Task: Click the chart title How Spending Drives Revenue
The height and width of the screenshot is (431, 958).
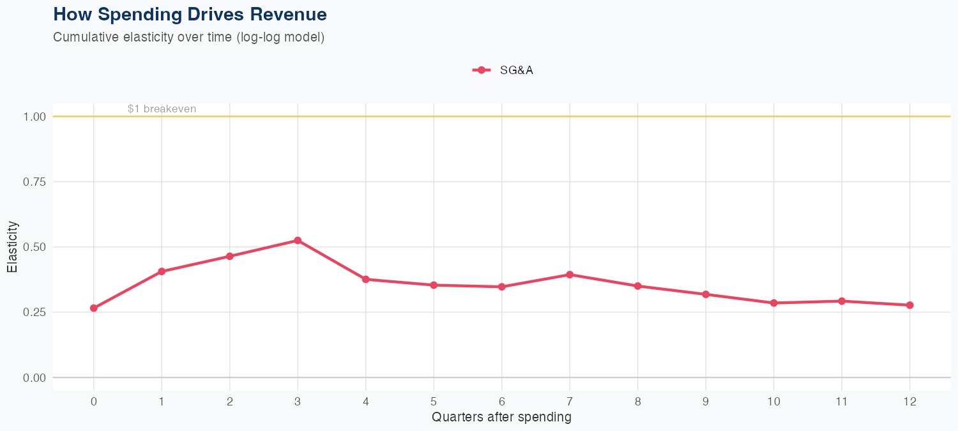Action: point(190,14)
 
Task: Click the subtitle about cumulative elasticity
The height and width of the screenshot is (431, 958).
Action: point(189,37)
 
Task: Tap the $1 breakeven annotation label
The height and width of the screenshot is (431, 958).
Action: point(162,109)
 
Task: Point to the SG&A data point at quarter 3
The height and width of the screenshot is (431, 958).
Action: point(298,241)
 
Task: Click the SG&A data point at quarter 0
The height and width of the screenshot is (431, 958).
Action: point(94,308)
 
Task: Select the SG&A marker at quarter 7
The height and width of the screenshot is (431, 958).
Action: point(570,275)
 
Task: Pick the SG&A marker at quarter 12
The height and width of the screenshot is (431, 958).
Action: point(909,305)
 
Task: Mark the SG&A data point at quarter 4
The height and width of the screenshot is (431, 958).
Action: point(365,279)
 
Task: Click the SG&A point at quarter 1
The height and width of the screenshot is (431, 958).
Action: point(162,271)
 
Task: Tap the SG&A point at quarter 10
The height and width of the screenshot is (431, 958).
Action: point(773,303)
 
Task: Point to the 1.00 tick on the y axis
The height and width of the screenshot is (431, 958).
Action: point(34,117)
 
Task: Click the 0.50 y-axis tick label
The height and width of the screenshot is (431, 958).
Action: point(34,247)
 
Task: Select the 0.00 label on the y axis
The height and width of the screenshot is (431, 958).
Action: point(34,378)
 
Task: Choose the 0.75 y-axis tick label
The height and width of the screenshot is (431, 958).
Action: point(34,182)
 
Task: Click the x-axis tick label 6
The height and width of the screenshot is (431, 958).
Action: point(501,402)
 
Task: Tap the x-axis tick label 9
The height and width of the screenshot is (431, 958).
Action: point(706,402)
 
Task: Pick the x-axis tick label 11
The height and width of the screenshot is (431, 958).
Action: point(842,402)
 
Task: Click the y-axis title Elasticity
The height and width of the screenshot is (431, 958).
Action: point(12,247)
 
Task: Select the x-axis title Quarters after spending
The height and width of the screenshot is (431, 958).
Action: point(501,418)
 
